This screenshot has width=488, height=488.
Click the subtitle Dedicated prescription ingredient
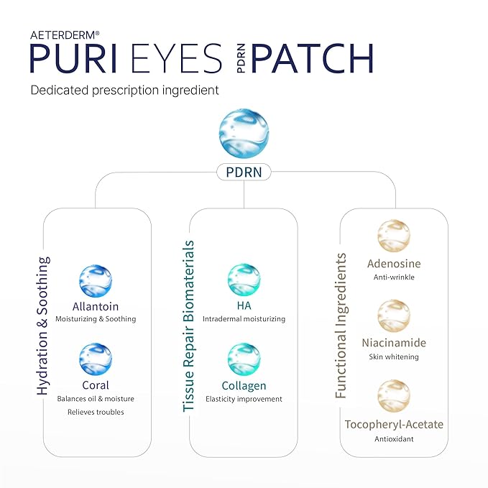(x=124, y=91)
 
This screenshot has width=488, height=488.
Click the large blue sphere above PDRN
(x=244, y=133)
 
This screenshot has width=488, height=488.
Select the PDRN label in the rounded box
(x=244, y=172)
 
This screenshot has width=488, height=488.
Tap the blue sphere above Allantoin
(x=95, y=281)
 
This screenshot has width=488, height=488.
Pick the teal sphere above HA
(x=244, y=281)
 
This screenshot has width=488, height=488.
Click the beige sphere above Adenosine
(x=393, y=240)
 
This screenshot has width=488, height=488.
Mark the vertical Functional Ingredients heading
(x=341, y=325)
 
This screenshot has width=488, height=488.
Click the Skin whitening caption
(x=393, y=357)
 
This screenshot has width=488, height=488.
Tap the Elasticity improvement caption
(x=244, y=399)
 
